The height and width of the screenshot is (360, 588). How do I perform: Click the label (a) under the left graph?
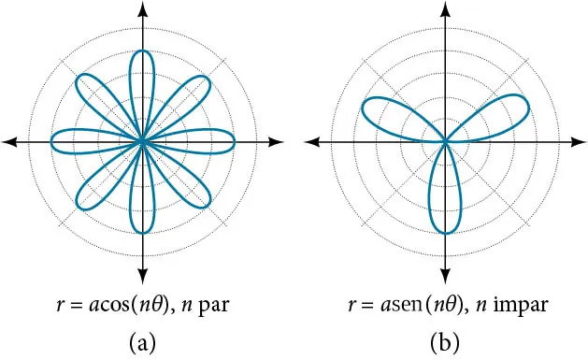[x=143, y=342]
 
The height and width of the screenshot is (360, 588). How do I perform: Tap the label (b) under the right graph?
[x=446, y=342]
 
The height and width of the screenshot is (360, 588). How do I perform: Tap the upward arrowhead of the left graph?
[x=143, y=8]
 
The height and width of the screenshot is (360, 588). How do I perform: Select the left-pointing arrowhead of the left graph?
[x=9, y=141]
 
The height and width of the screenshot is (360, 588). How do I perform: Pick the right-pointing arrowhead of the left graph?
[x=277, y=141]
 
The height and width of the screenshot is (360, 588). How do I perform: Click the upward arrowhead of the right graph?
[x=446, y=8]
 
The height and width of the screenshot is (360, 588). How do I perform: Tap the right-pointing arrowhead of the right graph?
[x=580, y=141]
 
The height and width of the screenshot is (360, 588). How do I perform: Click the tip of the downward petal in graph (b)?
[x=446, y=233]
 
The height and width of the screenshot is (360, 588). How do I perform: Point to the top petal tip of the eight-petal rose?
[x=143, y=50]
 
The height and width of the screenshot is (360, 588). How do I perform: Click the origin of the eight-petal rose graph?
[x=143, y=141]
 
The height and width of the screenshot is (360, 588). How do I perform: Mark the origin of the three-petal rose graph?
[x=446, y=141]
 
